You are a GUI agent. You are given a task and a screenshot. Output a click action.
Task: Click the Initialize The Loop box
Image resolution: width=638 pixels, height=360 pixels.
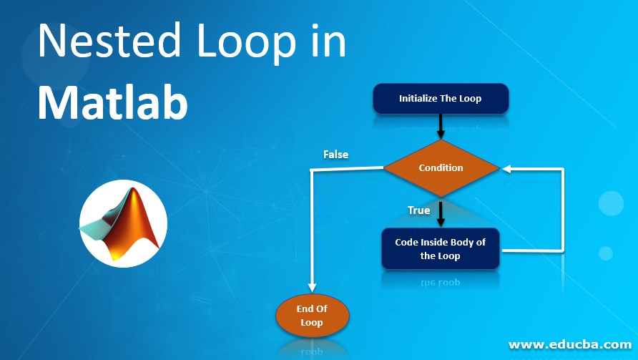coord(441,99)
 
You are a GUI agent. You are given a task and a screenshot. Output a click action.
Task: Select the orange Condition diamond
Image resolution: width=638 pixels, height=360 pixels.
coord(441,168)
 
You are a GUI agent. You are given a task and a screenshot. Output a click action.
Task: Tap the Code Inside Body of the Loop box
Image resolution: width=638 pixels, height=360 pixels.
coord(440,249)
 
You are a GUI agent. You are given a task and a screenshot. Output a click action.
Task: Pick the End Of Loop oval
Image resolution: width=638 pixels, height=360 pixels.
coord(312,316)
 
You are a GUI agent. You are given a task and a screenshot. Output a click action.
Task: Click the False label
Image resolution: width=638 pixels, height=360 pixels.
coord(335,154)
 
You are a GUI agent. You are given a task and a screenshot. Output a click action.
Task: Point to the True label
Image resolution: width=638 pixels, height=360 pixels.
coord(418,210)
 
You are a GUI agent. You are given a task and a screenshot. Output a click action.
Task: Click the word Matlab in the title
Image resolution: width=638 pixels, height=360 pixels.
coord(113,102)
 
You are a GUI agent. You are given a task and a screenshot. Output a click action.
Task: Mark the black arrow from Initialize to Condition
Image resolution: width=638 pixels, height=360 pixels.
coord(441,126)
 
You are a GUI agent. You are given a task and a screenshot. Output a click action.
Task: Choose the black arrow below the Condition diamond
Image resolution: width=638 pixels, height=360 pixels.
coord(441,213)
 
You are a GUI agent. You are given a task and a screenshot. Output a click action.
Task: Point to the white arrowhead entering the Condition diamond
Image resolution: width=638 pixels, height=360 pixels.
coord(506,169)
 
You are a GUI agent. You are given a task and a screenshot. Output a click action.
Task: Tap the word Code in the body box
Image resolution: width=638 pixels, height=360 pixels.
coord(406,242)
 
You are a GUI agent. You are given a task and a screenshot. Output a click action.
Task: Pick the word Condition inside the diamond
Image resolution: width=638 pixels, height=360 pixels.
coord(441,168)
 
